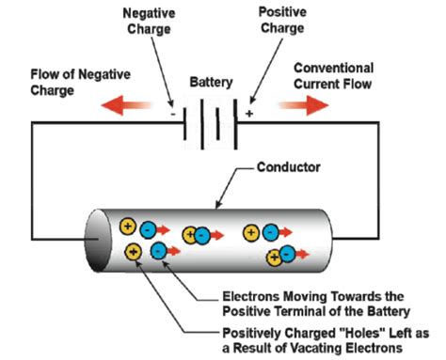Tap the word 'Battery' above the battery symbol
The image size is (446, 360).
pos(213,83)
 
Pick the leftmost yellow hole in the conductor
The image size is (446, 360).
pos(128,227)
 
